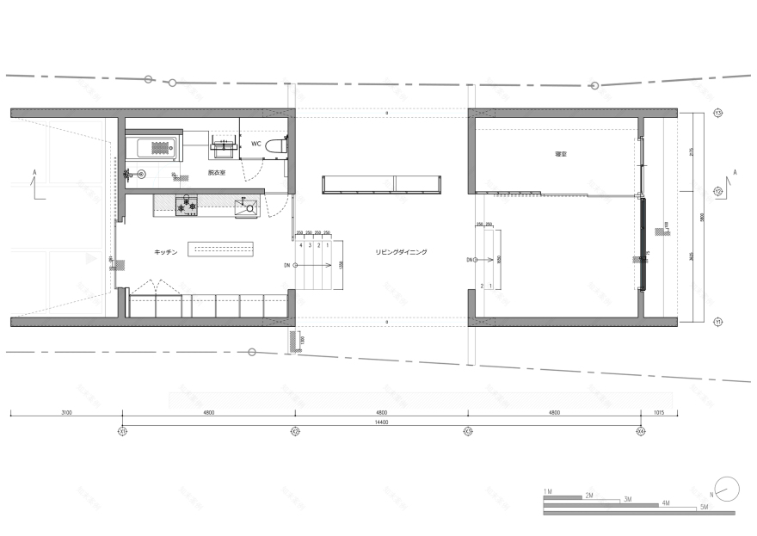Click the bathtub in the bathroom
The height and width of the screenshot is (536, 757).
click(152, 147)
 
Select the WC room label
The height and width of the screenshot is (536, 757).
click(255, 144)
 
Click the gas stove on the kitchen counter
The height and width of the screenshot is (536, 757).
click(187, 206)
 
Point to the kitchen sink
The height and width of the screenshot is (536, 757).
click(246, 206)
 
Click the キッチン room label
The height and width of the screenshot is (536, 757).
click(165, 251)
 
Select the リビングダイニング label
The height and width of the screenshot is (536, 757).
click(401, 252)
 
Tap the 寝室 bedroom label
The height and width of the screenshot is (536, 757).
click(561, 154)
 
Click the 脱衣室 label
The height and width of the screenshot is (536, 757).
click(216, 173)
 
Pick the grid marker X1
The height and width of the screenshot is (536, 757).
click(122, 430)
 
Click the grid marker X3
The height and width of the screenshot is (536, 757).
click(468, 430)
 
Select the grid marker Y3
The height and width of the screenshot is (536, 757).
click(717, 113)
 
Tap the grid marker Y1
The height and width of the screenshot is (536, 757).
click(717, 322)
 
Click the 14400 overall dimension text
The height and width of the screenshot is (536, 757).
click(381, 422)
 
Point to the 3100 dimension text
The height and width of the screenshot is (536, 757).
click(66, 414)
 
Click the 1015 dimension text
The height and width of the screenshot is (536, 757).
click(659, 414)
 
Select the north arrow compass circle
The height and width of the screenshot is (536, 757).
click(727, 488)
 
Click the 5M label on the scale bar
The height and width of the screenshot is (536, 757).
click(703, 508)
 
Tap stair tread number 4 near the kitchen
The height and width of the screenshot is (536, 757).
click(301, 245)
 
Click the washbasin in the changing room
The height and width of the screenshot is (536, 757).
click(225, 146)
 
